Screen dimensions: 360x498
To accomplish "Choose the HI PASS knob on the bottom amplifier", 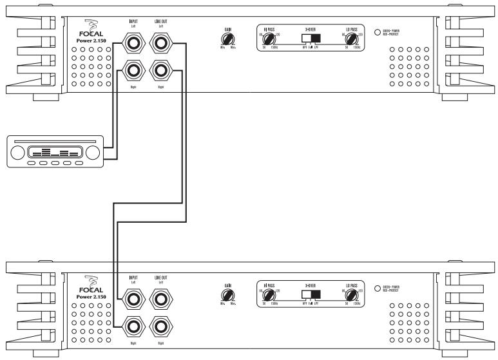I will pyautogui.click(x=268, y=295).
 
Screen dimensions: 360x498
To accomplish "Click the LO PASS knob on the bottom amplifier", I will pyautogui.click(x=351, y=295).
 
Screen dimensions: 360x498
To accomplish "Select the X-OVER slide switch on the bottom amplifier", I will pyautogui.click(x=311, y=294).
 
